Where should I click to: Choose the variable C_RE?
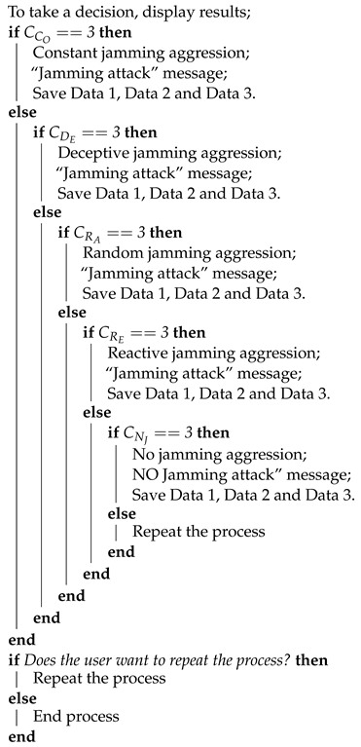(109, 337)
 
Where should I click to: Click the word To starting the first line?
(18, 11)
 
